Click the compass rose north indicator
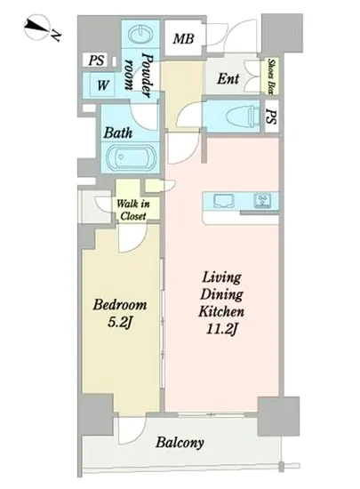point(40,28)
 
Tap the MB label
point(184,38)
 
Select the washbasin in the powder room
point(140,35)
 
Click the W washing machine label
point(102,84)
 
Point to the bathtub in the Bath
point(131,157)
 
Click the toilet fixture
point(244,116)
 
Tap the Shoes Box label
point(272,76)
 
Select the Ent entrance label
point(228,78)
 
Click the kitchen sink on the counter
point(224,201)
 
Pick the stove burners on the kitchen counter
point(262,201)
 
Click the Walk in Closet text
point(132,210)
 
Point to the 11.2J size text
point(221,329)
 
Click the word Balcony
point(180,443)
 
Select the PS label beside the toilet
point(271,116)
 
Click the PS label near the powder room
point(96,60)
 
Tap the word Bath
point(118,132)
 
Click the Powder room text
point(139,76)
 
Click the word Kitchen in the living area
point(221,311)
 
